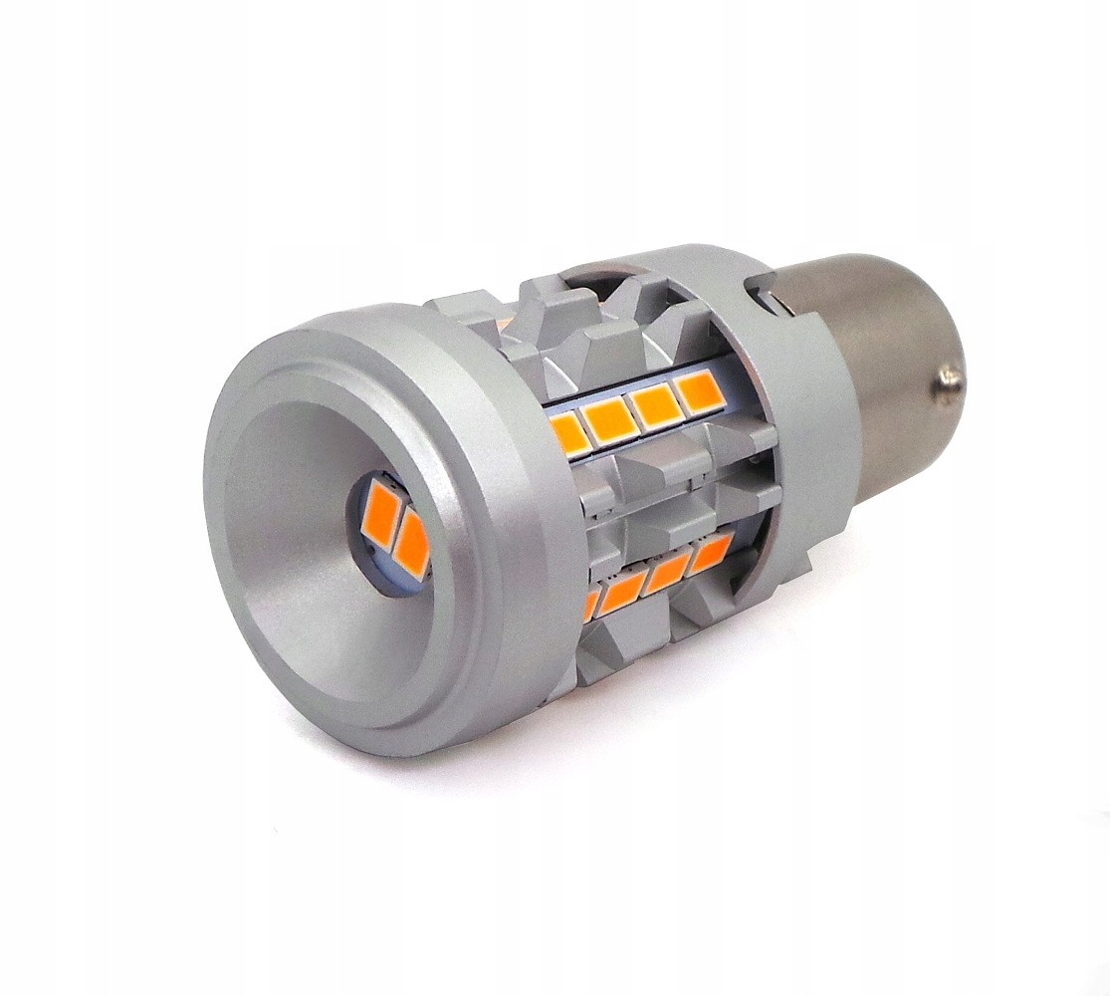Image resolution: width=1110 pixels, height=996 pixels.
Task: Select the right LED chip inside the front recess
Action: [412, 543]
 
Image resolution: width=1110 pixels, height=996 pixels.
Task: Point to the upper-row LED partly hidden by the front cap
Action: [570, 435]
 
